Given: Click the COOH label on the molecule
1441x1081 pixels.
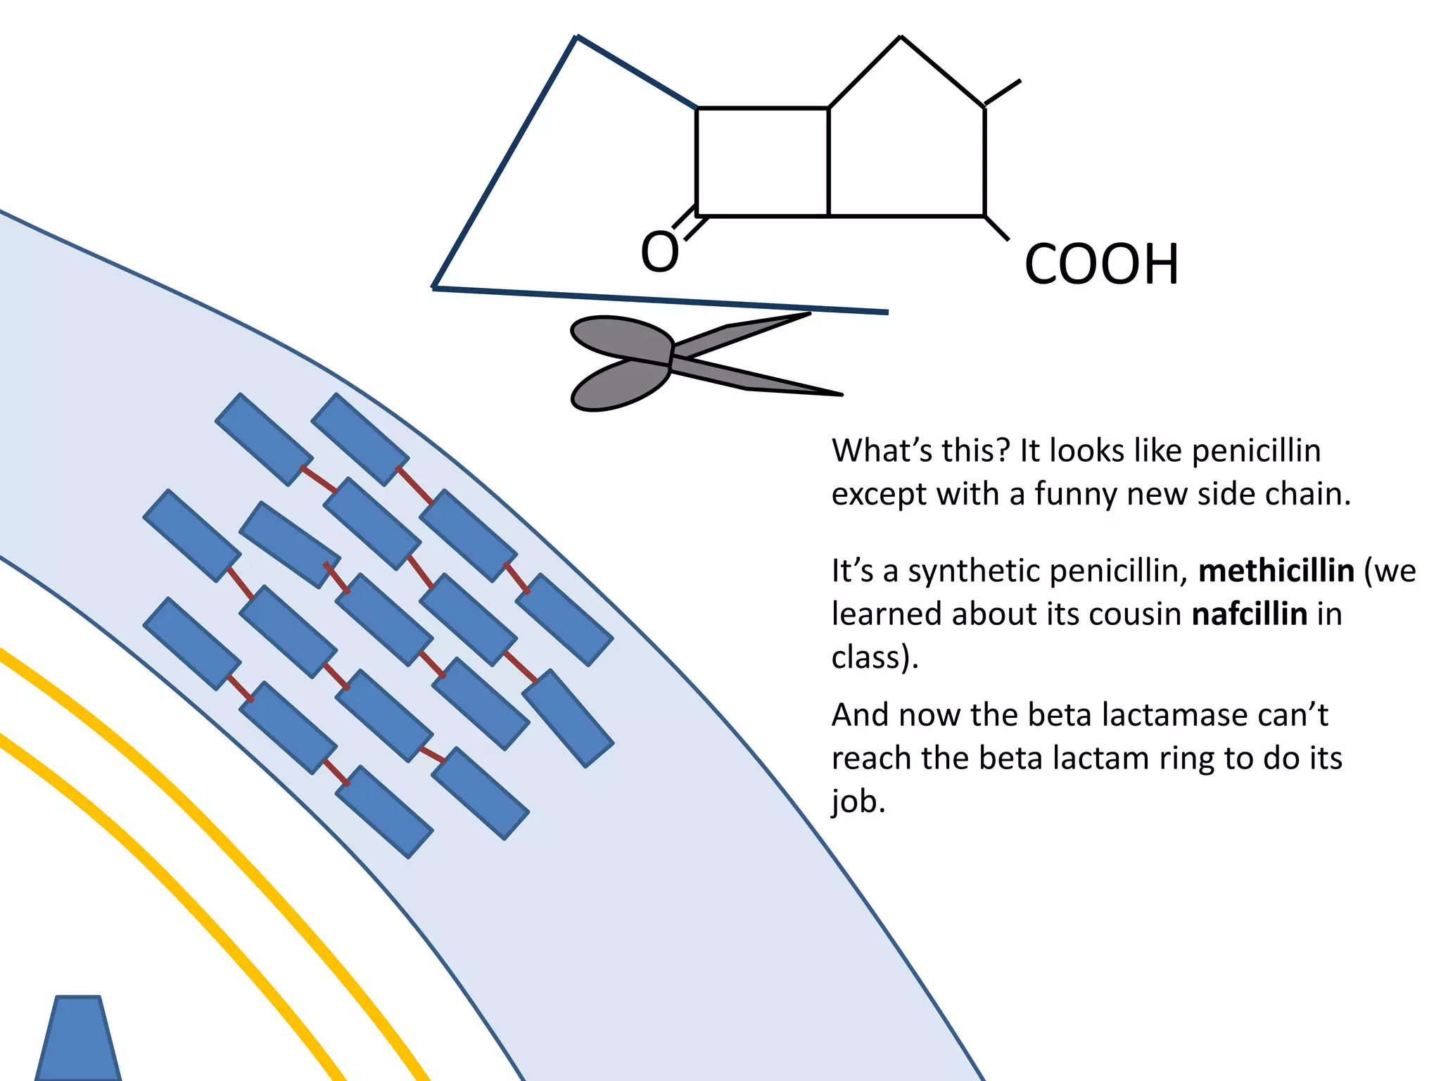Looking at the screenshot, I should tap(1101, 265).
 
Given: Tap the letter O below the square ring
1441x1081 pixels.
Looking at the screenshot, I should tap(659, 252).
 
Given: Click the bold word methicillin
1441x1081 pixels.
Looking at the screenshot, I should tap(1276, 571).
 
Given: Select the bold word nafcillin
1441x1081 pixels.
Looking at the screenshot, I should tap(1249, 614).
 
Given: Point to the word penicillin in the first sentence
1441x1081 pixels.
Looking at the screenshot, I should tap(1256, 451).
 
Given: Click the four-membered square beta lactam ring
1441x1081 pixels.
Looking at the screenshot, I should tap(762, 161).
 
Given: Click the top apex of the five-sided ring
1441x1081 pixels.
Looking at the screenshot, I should tap(901, 37).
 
